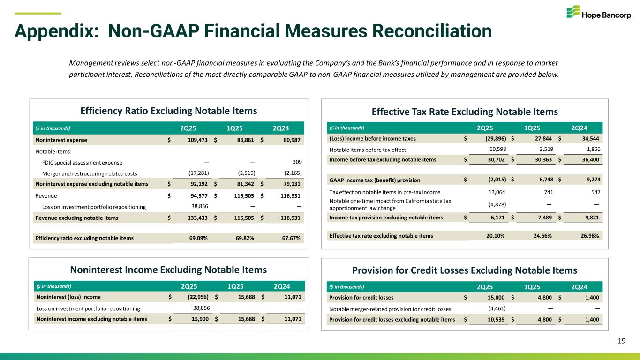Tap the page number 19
tap(622, 341)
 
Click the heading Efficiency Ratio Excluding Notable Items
tap(169, 111)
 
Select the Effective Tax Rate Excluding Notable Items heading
tap(465, 112)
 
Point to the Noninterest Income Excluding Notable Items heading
tap(168, 270)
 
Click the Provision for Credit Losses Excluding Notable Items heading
tap(464, 270)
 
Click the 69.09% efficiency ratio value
tap(198, 238)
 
